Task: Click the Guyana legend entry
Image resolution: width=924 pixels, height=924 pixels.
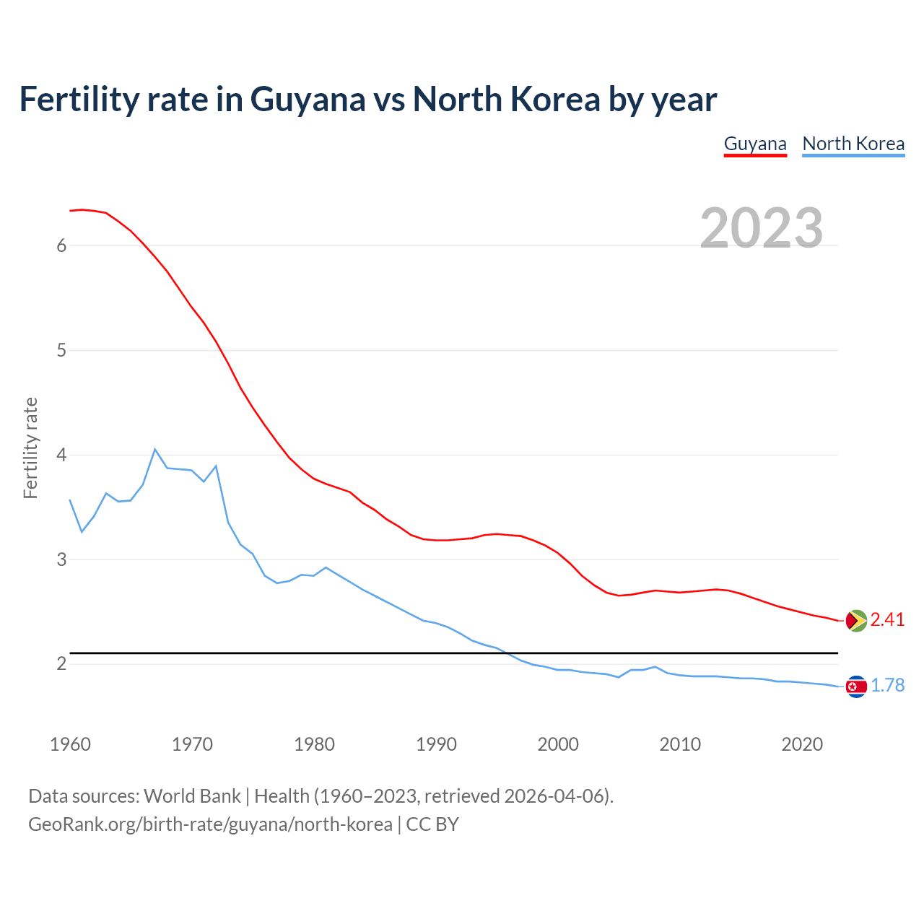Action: click(x=755, y=144)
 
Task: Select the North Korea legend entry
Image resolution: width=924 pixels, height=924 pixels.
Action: click(x=853, y=144)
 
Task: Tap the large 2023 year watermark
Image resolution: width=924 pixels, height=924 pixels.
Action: click(x=762, y=228)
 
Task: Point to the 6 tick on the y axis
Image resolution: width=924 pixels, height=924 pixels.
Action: click(x=61, y=245)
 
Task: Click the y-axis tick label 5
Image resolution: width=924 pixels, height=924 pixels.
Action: click(x=61, y=351)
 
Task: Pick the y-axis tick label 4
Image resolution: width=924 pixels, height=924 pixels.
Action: click(x=61, y=455)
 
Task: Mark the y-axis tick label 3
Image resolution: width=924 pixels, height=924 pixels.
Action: click(x=61, y=559)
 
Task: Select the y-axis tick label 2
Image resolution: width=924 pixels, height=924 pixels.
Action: click(x=61, y=663)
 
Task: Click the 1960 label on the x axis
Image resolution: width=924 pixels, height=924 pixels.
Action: click(x=70, y=744)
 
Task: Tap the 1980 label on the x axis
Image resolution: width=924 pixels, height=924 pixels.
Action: click(x=314, y=744)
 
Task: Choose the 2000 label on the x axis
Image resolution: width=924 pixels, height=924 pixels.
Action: click(x=558, y=744)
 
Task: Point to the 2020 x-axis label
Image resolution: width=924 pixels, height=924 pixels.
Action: click(x=802, y=744)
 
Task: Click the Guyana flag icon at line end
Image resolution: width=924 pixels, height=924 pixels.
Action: click(x=856, y=621)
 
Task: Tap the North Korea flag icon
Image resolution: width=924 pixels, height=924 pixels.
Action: click(x=856, y=687)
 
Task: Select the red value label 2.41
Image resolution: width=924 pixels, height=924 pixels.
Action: click(x=887, y=620)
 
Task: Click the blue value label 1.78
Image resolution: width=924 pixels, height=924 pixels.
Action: click(x=887, y=686)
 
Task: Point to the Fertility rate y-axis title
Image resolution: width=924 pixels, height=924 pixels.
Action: click(x=30, y=448)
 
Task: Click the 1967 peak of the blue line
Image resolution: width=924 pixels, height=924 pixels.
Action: click(x=155, y=449)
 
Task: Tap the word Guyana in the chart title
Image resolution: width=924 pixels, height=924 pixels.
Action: click(x=308, y=100)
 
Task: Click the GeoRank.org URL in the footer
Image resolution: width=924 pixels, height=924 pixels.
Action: click(x=210, y=824)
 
